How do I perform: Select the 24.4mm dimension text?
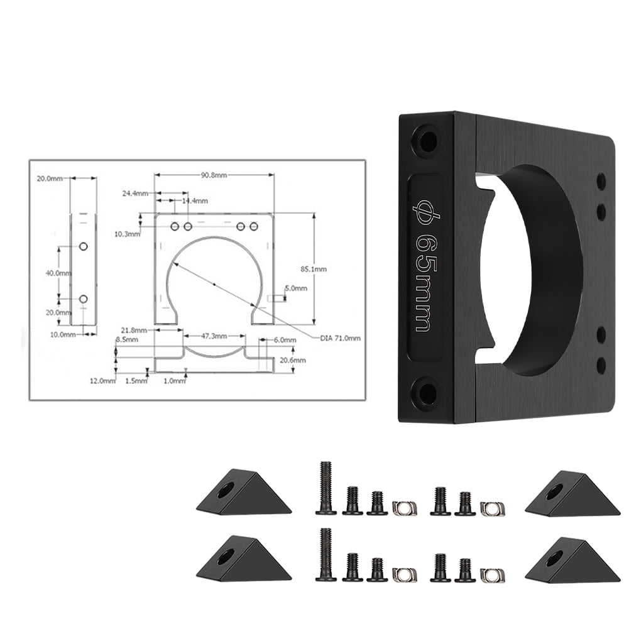135,194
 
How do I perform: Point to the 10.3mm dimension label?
128,234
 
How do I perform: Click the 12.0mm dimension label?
103,380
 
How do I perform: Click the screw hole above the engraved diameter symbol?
425,138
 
